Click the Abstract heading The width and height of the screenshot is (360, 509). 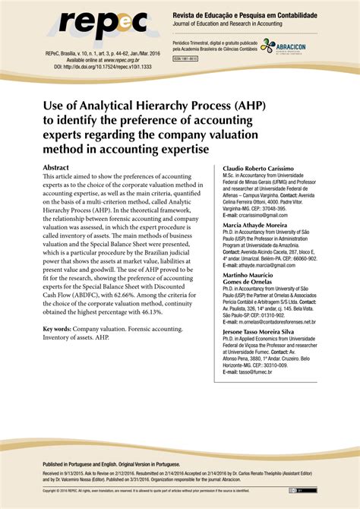(61, 166)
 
